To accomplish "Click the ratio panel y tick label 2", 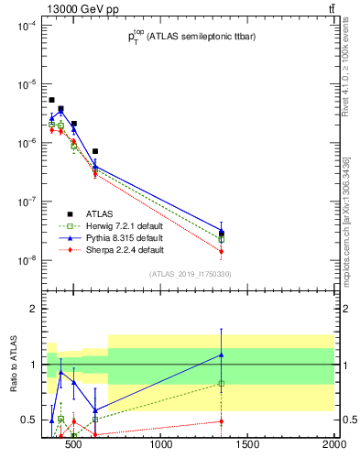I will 31,309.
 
